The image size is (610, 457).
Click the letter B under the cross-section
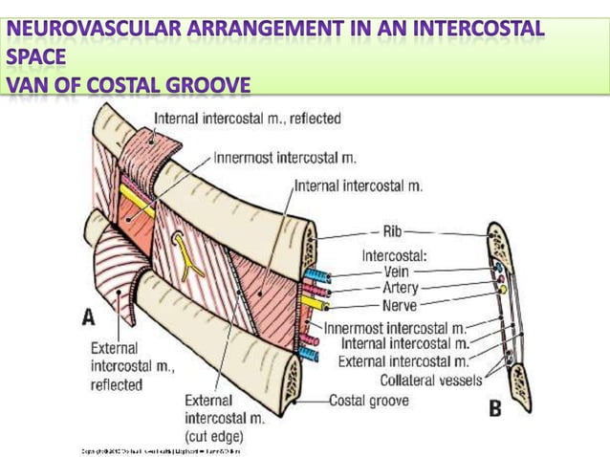495,409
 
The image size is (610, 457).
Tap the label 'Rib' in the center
393,231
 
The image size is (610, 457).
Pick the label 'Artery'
400,288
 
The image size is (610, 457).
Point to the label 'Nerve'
399,305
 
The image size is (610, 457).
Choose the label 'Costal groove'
369,401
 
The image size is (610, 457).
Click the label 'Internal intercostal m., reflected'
247,120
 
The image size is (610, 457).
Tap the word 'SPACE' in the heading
36,58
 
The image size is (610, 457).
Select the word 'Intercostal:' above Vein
394,254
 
